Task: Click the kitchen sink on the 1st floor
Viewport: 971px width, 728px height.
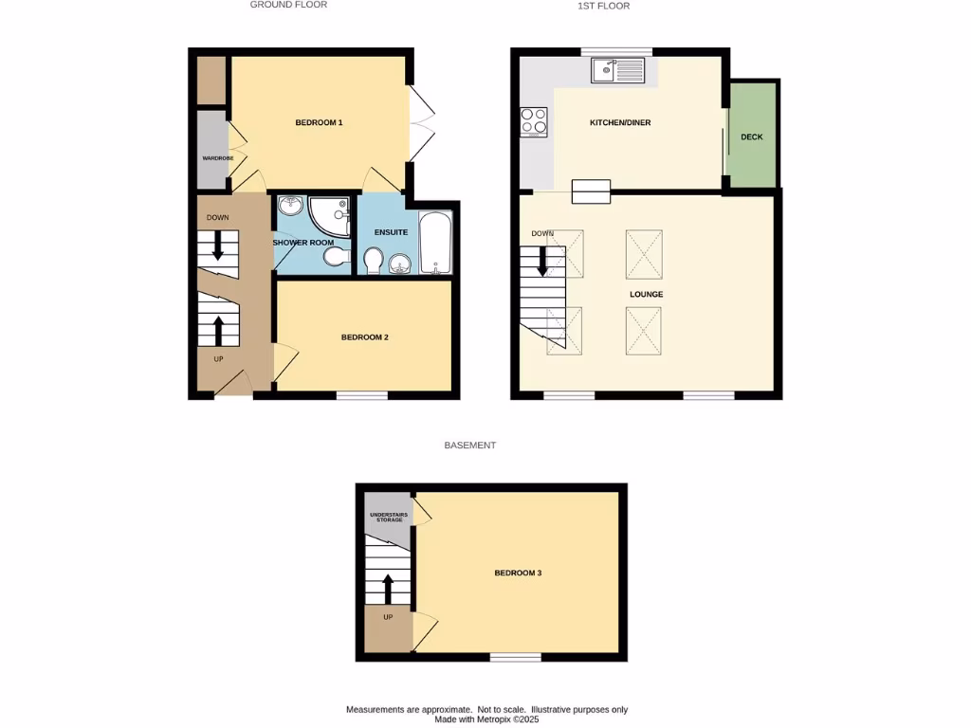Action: coord(616,70)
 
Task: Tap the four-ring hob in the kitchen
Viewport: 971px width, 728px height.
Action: coord(534,122)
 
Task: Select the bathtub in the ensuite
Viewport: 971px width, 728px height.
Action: coord(436,244)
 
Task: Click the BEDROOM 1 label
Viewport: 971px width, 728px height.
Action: coord(319,122)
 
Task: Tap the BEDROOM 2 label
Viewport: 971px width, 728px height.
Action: coord(365,337)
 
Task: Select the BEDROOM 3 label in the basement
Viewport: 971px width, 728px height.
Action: coord(518,573)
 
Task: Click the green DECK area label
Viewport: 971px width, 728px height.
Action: coord(752,136)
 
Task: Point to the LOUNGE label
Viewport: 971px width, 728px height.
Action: coord(646,294)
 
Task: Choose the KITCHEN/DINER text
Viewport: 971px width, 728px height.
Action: coord(620,123)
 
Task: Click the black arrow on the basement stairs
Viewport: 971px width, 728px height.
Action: coord(387,588)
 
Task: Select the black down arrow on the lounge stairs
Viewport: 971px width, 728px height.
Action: coord(543,261)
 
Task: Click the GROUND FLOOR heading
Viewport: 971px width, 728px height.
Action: coord(288,5)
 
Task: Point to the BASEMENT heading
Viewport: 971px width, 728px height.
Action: coord(470,445)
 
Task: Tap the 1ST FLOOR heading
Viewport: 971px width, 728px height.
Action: coord(604,6)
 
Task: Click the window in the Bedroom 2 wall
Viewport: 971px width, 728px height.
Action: coord(362,395)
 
